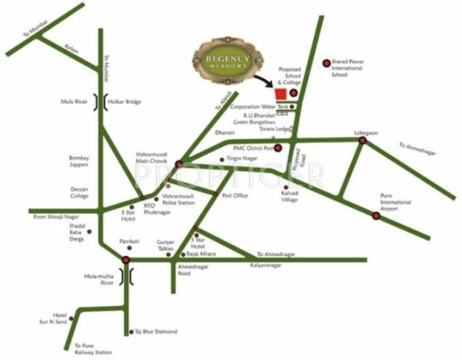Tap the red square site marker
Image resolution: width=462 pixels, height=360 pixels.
click(x=282, y=93)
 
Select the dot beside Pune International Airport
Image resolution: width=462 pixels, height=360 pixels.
click(x=376, y=216)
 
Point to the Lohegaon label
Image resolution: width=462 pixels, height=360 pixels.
click(x=367, y=133)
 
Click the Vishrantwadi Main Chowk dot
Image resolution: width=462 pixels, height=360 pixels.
click(x=179, y=163)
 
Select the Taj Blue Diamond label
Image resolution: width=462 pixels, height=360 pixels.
click(x=157, y=332)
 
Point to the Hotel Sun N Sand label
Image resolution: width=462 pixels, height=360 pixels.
click(x=59, y=318)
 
